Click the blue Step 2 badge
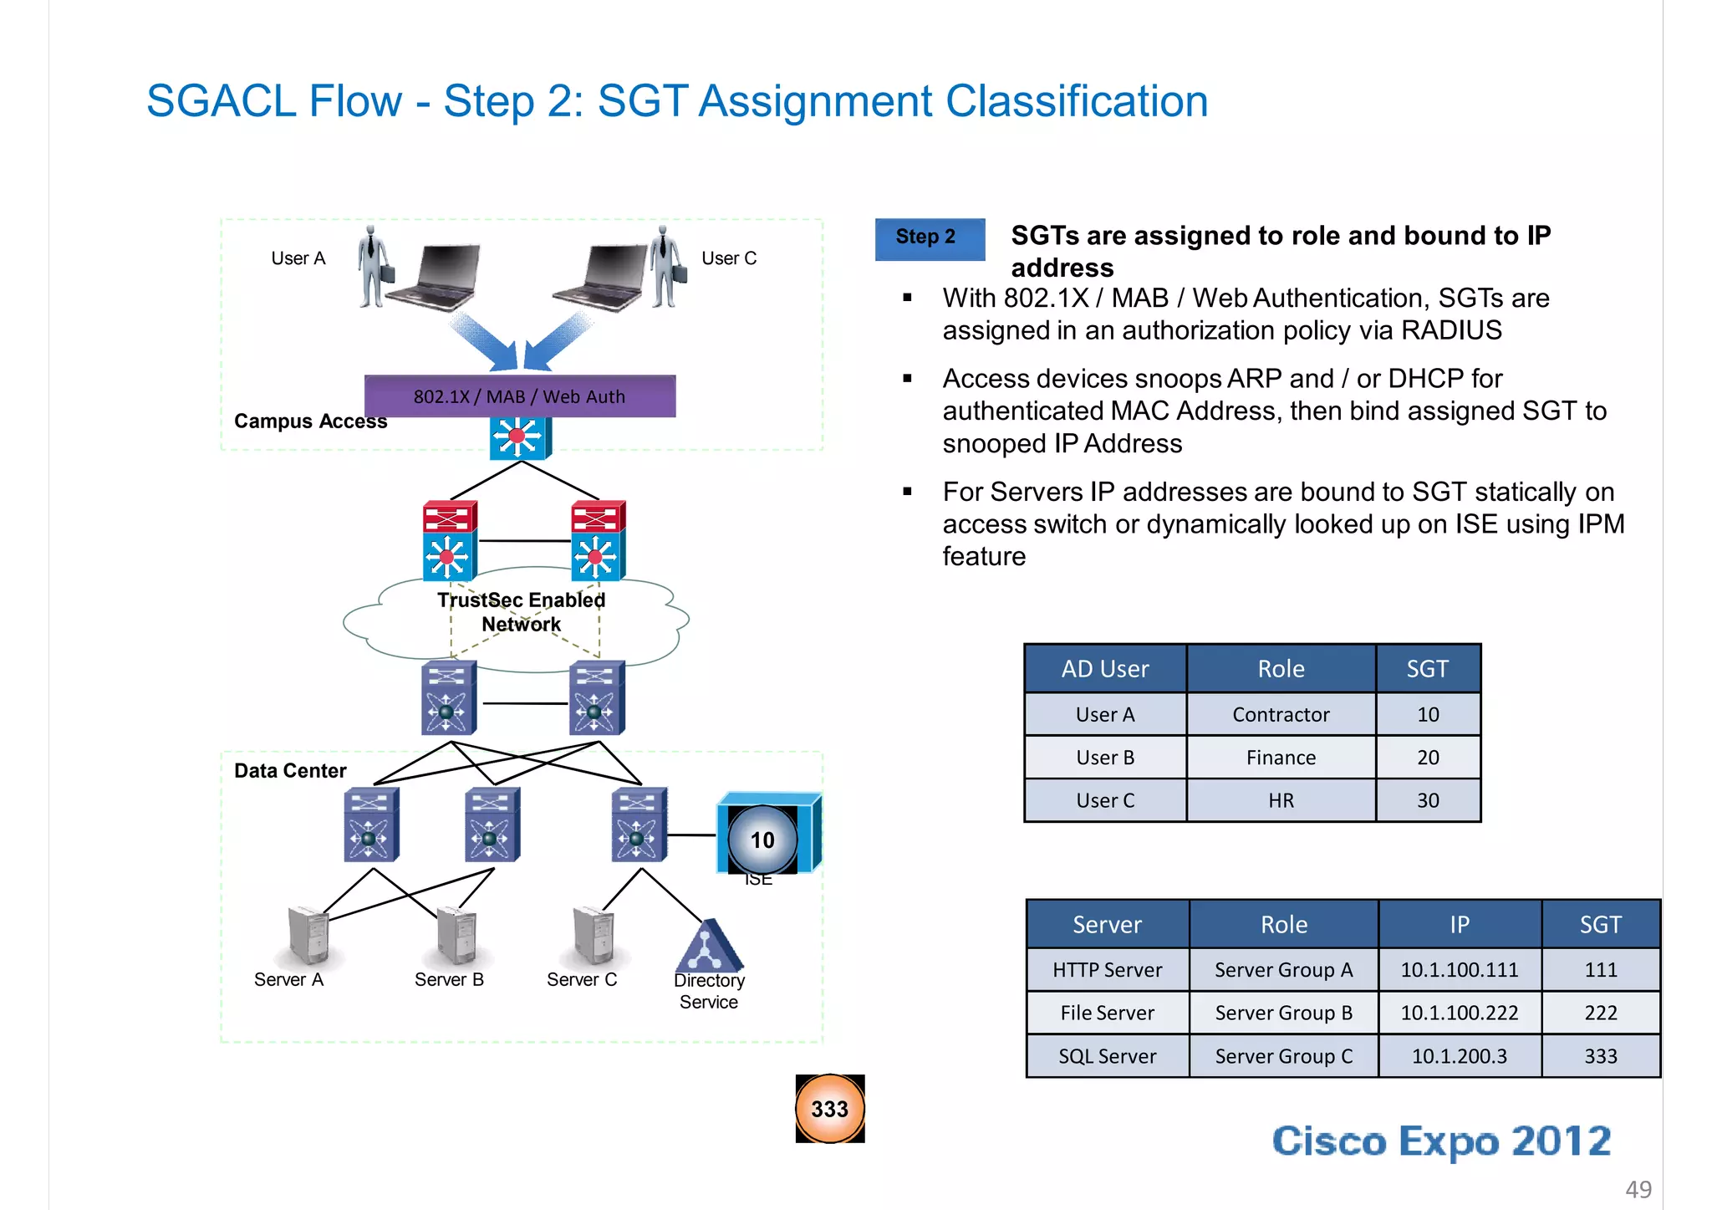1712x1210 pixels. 929,238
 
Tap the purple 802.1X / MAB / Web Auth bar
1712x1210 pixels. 519,396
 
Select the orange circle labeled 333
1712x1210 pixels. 829,1109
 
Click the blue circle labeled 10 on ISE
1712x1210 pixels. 762,840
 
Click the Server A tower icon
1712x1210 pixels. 308,934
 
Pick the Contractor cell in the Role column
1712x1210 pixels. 1280,714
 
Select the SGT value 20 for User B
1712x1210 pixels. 1427,758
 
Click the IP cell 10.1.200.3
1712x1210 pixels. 1459,1056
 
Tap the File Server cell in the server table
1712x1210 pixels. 1107,1013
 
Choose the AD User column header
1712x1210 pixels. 1104,669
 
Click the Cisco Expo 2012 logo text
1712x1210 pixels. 1441,1141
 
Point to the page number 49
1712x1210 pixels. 1638,1188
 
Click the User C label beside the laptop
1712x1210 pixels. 728,258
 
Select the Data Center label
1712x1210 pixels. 290,771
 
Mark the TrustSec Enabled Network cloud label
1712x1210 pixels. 521,612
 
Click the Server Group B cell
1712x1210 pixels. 1283,1013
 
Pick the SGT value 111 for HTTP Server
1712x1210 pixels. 1600,970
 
